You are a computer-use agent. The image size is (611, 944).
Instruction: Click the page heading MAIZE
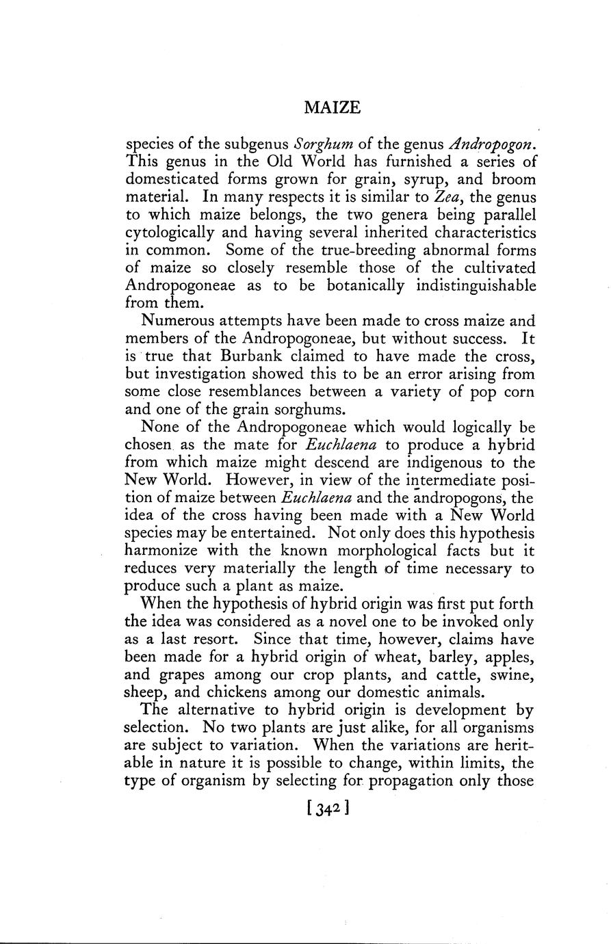click(x=331, y=107)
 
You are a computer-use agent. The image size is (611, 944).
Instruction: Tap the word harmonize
click(x=159, y=550)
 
